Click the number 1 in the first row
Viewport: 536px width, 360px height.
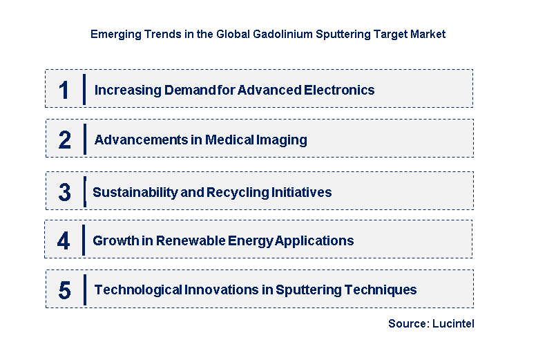tap(64, 90)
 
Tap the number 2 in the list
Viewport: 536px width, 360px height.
tap(64, 140)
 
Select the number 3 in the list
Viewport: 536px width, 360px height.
tap(64, 193)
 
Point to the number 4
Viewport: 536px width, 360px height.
tap(64, 241)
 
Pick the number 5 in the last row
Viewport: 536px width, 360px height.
tap(64, 290)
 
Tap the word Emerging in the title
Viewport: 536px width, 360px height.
tap(112, 34)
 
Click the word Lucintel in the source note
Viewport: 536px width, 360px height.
tap(454, 323)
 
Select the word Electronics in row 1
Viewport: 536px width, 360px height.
tap(341, 90)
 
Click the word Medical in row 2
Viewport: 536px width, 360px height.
tap(229, 140)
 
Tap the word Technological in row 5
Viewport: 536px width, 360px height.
tap(137, 290)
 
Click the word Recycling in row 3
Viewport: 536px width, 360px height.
tap(234, 193)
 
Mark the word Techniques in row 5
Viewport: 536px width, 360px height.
tap(383, 290)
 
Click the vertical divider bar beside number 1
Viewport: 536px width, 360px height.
tap(84, 89)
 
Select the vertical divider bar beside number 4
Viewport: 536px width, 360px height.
tap(83, 240)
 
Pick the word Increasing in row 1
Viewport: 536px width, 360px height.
tap(126, 90)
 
